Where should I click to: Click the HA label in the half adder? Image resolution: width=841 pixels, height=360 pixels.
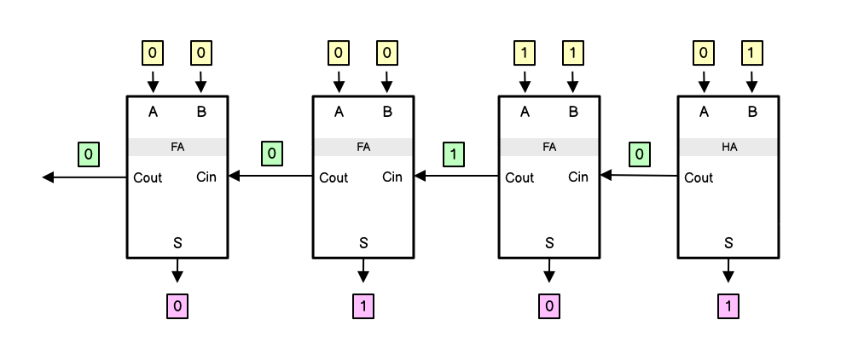coord(728,147)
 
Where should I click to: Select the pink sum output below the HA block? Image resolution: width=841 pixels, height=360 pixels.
coord(728,305)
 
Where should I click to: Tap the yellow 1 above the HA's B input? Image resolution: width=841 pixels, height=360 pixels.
coord(751,54)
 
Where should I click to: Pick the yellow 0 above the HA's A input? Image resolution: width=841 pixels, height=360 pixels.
coord(704,54)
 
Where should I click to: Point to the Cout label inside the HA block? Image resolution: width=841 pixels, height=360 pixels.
coord(699,177)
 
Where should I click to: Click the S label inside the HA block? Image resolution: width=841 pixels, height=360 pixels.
coord(728,242)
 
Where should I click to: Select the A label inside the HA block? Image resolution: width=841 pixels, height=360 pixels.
coord(704,111)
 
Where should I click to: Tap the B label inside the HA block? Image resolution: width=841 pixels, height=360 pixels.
coord(751,111)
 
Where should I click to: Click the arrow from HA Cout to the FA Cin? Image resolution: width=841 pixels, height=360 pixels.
coord(639,176)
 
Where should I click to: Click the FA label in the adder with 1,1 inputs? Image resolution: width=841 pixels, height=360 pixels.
coord(549,147)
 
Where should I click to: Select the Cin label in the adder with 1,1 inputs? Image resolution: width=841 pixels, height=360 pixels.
coord(577,177)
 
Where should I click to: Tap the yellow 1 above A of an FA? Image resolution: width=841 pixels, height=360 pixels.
coord(525,54)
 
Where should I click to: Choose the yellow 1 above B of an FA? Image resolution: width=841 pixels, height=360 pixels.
coord(572,54)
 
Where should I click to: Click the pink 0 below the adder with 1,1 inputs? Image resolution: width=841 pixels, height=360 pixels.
coord(549,305)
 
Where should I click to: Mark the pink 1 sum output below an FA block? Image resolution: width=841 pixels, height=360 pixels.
coord(363,305)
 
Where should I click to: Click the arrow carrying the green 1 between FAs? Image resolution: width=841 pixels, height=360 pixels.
coord(455,177)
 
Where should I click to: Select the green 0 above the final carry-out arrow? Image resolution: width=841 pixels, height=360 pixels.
coord(88,154)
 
